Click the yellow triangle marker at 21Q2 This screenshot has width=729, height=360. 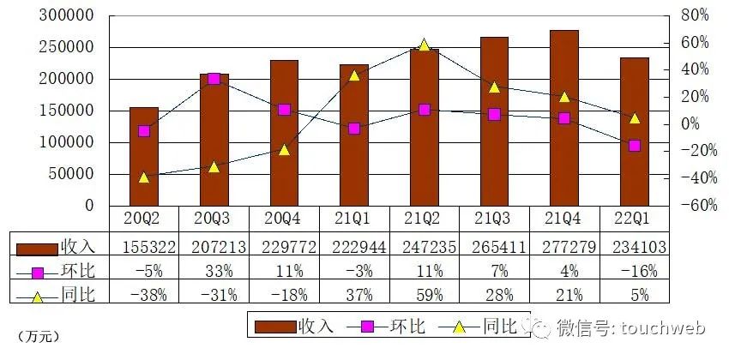tap(424, 45)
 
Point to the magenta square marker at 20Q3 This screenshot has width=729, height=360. tap(214, 79)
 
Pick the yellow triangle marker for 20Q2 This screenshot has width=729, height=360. tap(144, 177)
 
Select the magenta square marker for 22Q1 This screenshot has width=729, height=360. tap(634, 146)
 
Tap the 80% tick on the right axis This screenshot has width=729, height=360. tap(694, 15)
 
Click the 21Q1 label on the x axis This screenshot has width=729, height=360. tap(354, 219)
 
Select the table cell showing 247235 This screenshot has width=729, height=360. tap(424, 247)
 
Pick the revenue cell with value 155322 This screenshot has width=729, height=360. tap(144, 247)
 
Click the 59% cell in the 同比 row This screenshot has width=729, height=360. tap(424, 296)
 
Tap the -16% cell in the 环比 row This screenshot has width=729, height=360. tap(634, 272)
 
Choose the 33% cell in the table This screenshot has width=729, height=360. tap(214, 272)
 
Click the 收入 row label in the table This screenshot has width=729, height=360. tap(77, 247)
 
